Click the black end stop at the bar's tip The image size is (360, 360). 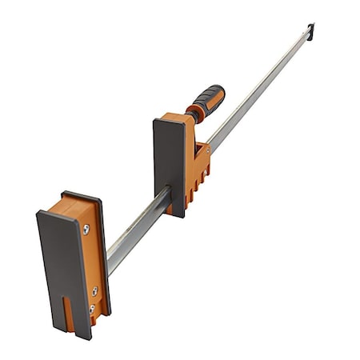pyautogui.click(x=310, y=31)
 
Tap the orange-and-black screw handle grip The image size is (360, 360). pyautogui.click(x=206, y=100)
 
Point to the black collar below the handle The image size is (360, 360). pyautogui.click(x=191, y=115)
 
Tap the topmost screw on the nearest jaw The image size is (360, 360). pyautogui.click(x=86, y=229)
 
